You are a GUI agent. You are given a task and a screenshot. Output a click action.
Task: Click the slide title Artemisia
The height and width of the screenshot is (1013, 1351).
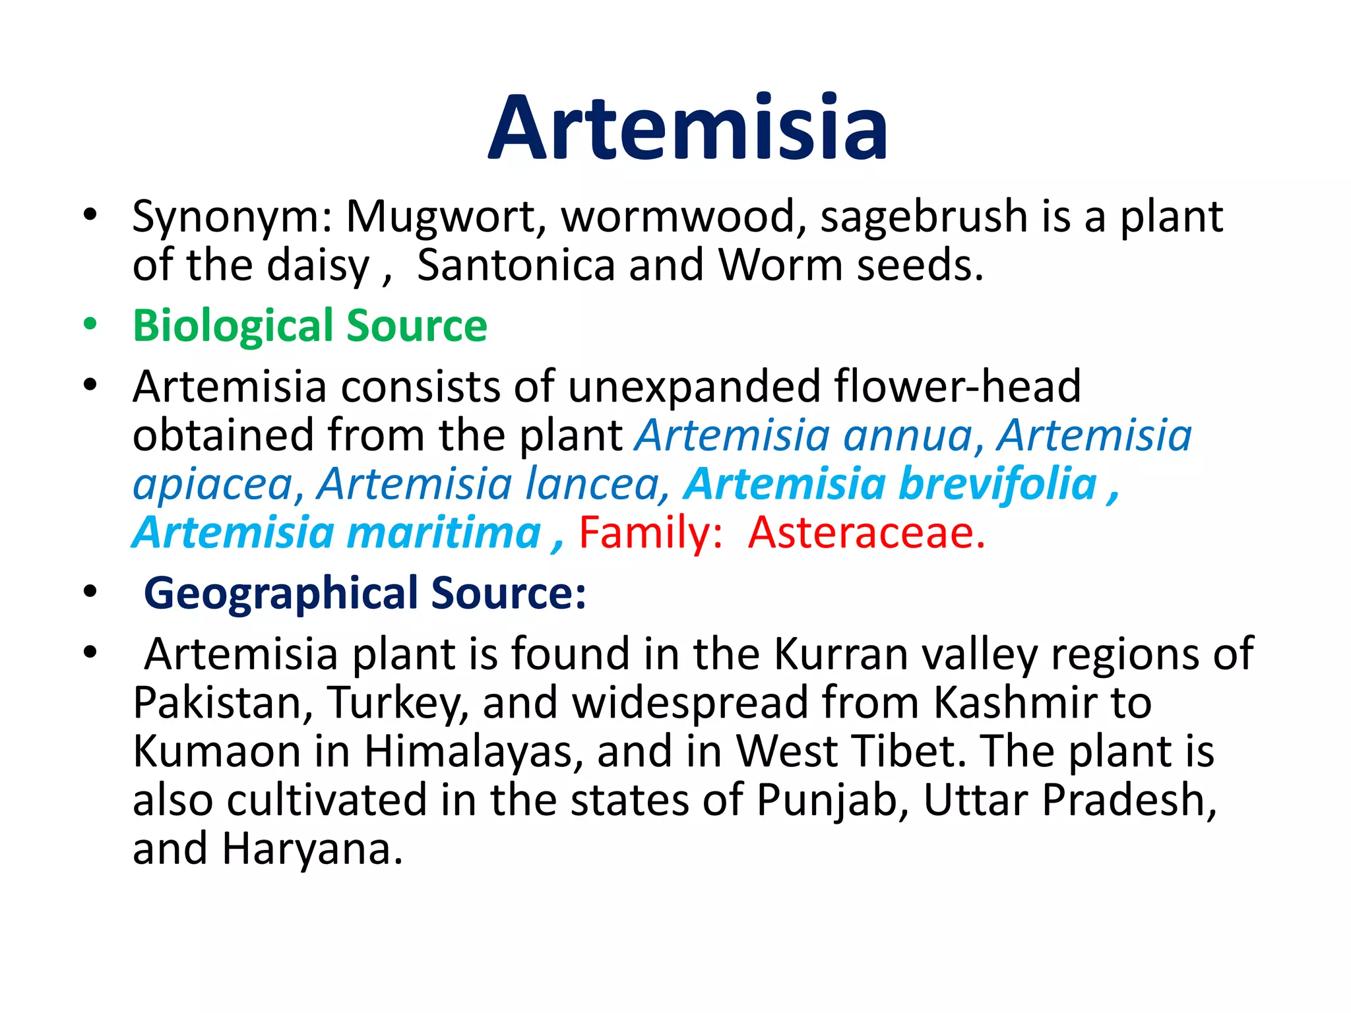tap(688, 128)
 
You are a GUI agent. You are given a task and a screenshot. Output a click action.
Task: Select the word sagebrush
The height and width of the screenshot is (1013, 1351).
tap(924, 217)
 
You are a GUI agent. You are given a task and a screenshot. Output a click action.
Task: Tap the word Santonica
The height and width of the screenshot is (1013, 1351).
tap(516, 266)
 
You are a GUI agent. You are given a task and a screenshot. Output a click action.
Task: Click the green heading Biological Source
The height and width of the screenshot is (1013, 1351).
tap(309, 326)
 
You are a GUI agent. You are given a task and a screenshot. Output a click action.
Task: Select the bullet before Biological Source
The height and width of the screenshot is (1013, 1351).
tap(90, 324)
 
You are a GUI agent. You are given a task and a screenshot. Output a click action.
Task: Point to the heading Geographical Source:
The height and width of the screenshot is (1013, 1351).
tap(364, 594)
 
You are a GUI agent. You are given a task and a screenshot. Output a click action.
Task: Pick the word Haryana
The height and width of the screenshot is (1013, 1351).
tap(311, 849)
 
